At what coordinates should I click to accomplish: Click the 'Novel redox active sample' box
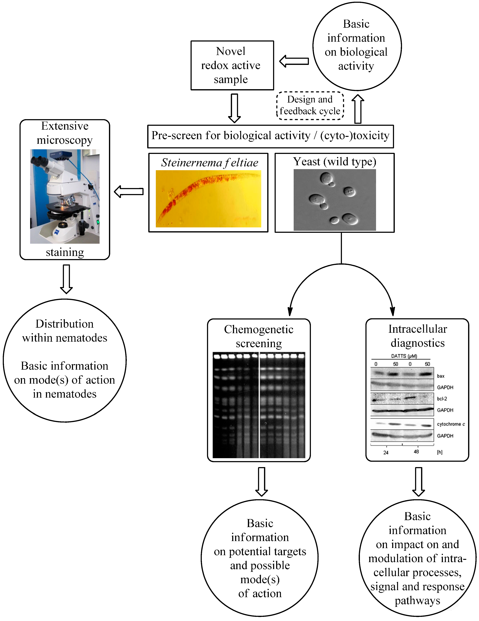(232, 65)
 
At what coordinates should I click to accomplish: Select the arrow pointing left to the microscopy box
(129, 191)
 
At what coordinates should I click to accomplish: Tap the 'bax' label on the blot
(441, 376)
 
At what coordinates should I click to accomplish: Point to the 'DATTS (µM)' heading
(404, 356)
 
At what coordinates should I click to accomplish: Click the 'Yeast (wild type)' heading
(335, 161)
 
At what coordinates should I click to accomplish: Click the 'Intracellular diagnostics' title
(418, 336)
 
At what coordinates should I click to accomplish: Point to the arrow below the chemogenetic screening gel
(262, 482)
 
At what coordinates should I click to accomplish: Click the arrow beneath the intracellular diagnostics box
(418, 482)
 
